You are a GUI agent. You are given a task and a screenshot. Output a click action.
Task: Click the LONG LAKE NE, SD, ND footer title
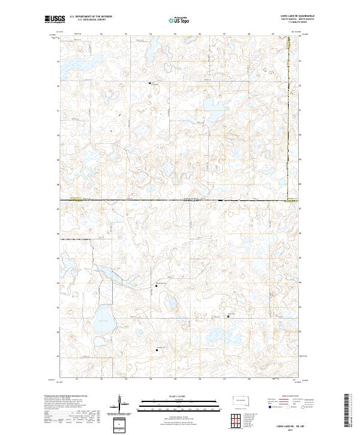tap(289, 425)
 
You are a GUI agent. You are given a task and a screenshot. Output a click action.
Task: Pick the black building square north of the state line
tap(149, 83)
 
